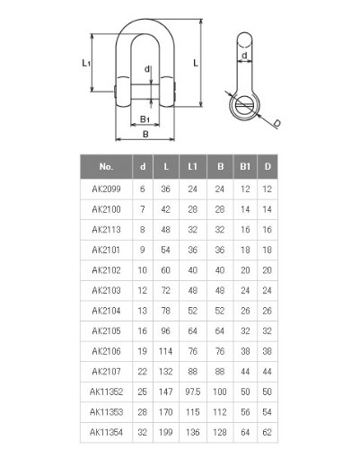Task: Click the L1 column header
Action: tap(192, 166)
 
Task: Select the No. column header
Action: tap(106, 166)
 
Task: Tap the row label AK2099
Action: tap(106, 189)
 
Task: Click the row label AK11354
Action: tap(106, 432)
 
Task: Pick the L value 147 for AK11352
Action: tap(165, 392)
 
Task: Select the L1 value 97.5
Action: tap(192, 392)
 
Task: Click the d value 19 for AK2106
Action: tap(142, 351)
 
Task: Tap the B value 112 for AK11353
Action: tap(220, 412)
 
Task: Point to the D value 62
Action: tap(267, 432)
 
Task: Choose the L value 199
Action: tap(165, 432)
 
